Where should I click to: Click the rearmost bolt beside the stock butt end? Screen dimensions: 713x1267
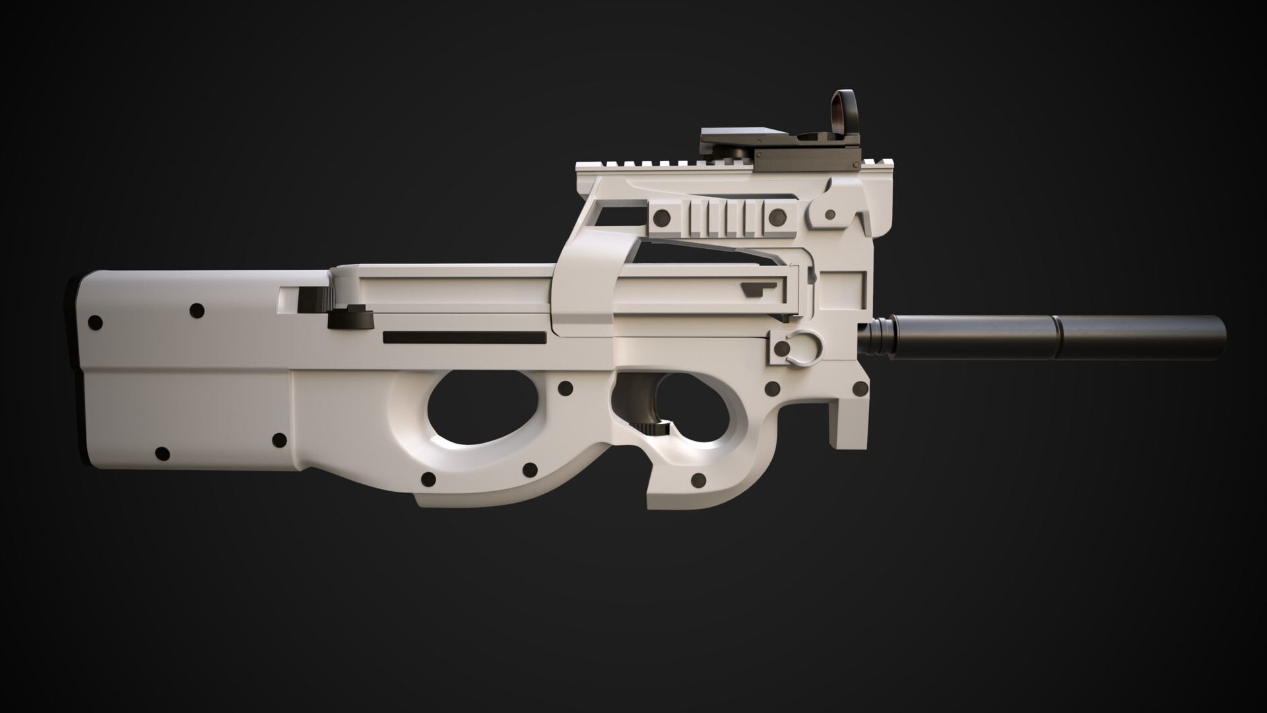(x=95, y=323)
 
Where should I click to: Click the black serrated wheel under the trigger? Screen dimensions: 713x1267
(x=656, y=430)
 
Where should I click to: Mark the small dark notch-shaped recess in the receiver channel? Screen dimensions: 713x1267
(x=759, y=289)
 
